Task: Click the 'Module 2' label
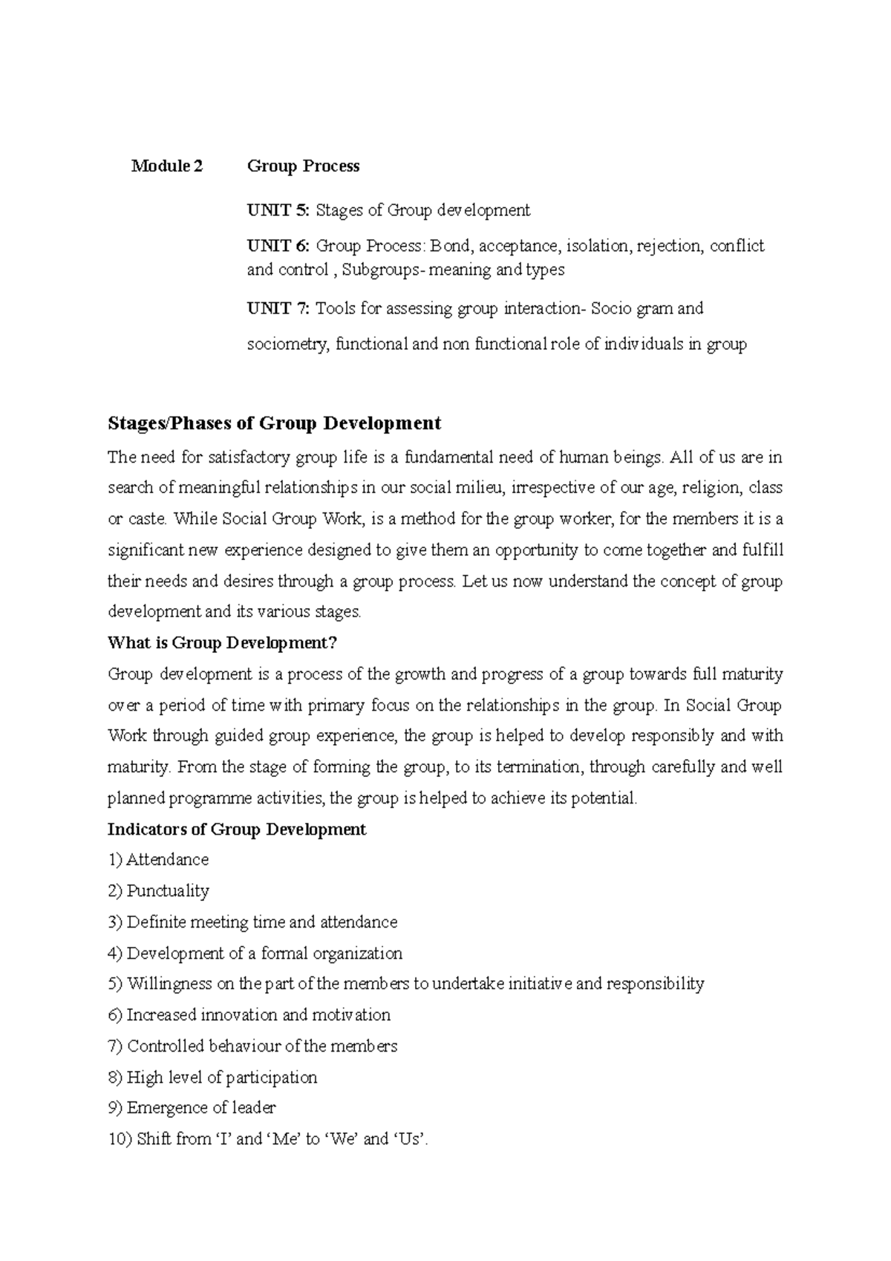[166, 166]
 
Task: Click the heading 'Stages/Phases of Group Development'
[274, 423]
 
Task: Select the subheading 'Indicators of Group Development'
[236, 829]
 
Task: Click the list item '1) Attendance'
[158, 860]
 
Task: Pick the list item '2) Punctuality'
[158, 890]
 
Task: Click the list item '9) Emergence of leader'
[192, 1108]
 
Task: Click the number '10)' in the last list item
[120, 1139]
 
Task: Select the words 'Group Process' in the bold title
[303, 166]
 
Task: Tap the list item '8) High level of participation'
[212, 1077]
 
